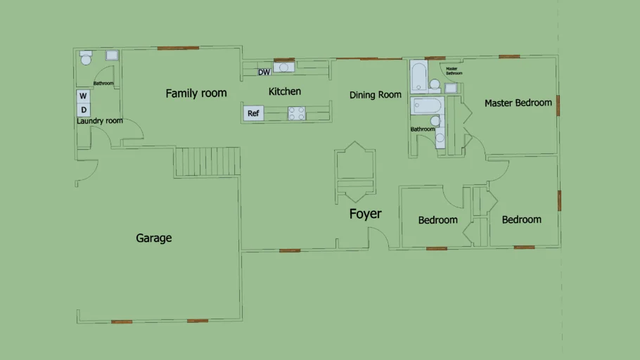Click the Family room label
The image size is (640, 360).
196,94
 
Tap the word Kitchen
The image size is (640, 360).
285,91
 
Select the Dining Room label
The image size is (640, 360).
375,95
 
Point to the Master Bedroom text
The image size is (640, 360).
518,103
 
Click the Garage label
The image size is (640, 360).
153,238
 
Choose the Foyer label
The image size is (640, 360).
365,214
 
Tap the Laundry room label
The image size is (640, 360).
100,121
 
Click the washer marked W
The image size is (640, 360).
83,96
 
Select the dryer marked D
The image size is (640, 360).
83,110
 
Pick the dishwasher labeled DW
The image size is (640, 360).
264,72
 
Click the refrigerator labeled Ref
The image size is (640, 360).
253,113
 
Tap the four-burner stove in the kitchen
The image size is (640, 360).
296,113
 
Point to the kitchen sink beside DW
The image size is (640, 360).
283,67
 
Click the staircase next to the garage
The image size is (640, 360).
207,162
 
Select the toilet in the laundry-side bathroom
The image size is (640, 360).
86,58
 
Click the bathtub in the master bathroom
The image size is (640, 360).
418,77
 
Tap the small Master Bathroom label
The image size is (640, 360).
454,71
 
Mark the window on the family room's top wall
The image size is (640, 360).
178,48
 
